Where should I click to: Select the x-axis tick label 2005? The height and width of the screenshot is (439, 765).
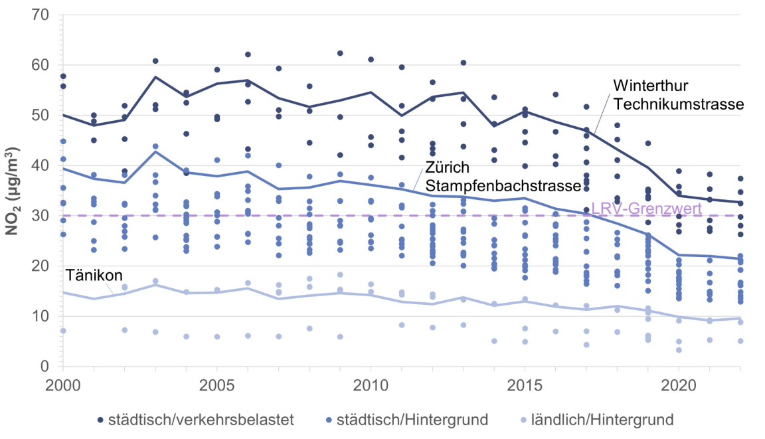tap(216, 387)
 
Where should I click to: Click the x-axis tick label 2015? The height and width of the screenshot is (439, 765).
tap(525, 387)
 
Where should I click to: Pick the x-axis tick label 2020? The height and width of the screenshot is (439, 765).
tap(678, 387)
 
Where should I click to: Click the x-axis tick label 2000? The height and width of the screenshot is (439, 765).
tap(62, 387)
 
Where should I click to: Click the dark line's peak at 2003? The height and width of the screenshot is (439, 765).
tap(155, 77)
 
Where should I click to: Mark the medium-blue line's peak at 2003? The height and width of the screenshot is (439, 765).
tap(155, 151)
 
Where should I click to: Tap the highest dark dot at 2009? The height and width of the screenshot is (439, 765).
tap(340, 53)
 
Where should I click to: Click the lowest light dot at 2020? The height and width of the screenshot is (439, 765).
tap(678, 350)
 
